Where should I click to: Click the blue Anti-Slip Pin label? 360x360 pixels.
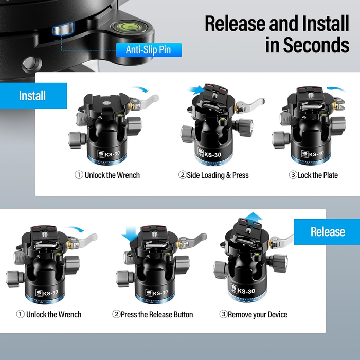[x=148, y=50]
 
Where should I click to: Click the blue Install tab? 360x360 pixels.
[x=33, y=96]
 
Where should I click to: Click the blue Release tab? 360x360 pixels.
[x=327, y=231]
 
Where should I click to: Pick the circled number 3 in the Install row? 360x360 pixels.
[x=293, y=175]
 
